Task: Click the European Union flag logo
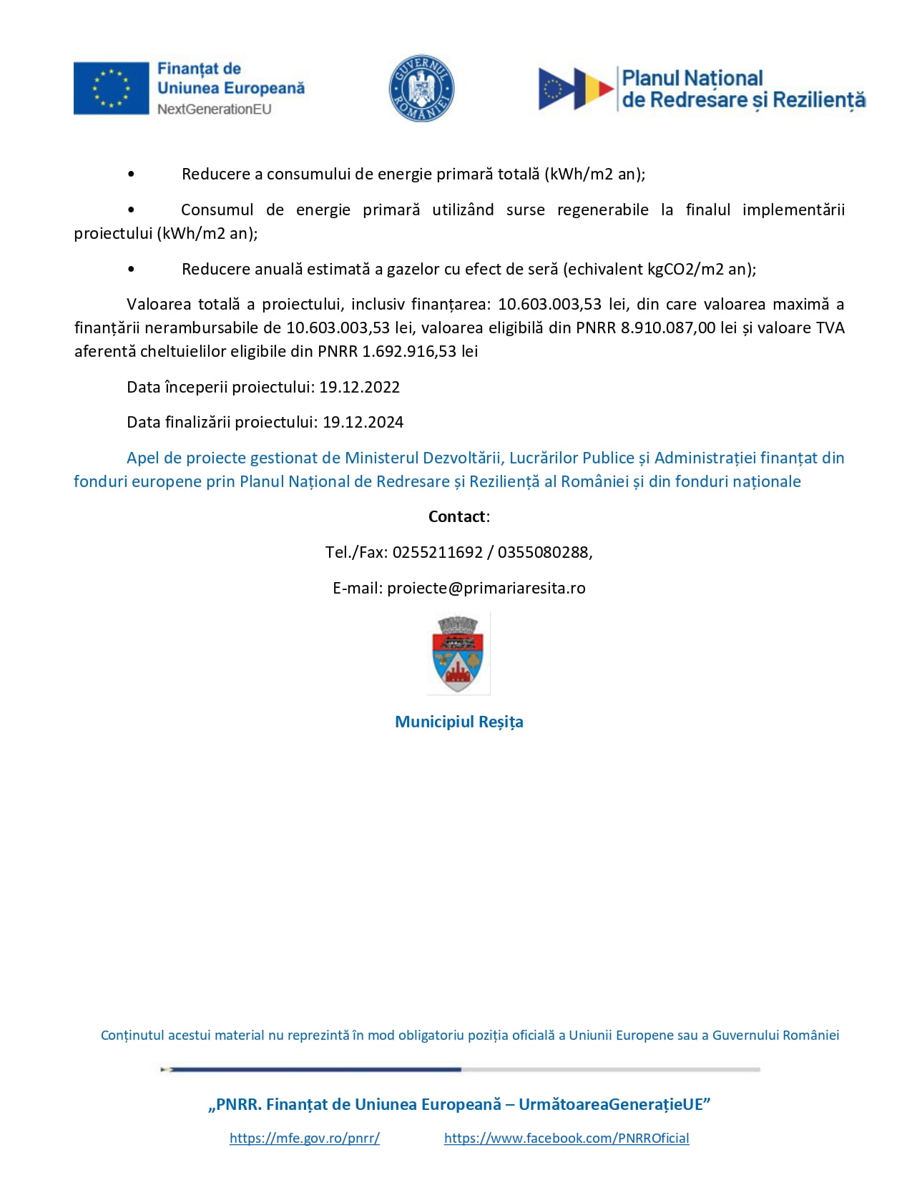click(111, 88)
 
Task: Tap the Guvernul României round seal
click(421, 89)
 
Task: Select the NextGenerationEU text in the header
click(214, 109)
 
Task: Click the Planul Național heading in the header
click(692, 78)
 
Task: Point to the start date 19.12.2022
click(359, 387)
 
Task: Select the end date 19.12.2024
click(363, 422)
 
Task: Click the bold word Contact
click(457, 516)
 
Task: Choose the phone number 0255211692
click(437, 552)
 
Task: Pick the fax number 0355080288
click(543, 552)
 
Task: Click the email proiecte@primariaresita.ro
click(486, 588)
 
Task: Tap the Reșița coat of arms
click(459, 653)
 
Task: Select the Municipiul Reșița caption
click(459, 722)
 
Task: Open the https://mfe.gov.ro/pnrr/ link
click(304, 1138)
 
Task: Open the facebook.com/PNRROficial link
click(566, 1138)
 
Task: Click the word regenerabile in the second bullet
click(602, 210)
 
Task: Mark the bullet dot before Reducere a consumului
click(131, 174)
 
